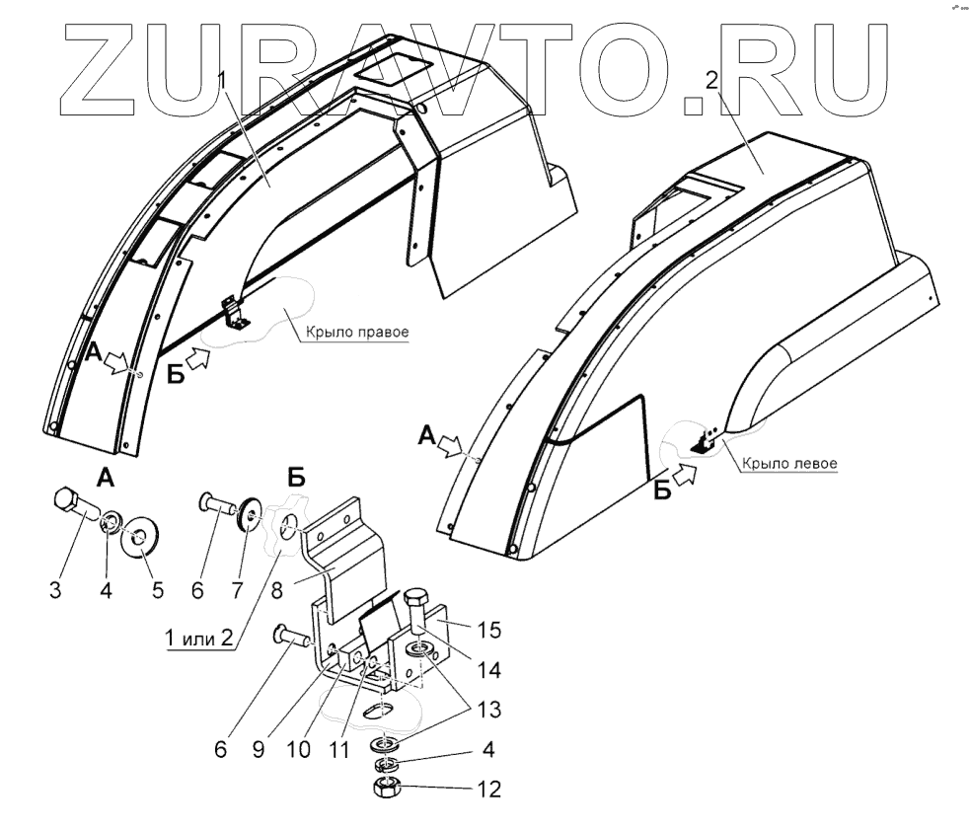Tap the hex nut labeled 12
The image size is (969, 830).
coord(387,790)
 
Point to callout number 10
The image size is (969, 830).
coord(298,749)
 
